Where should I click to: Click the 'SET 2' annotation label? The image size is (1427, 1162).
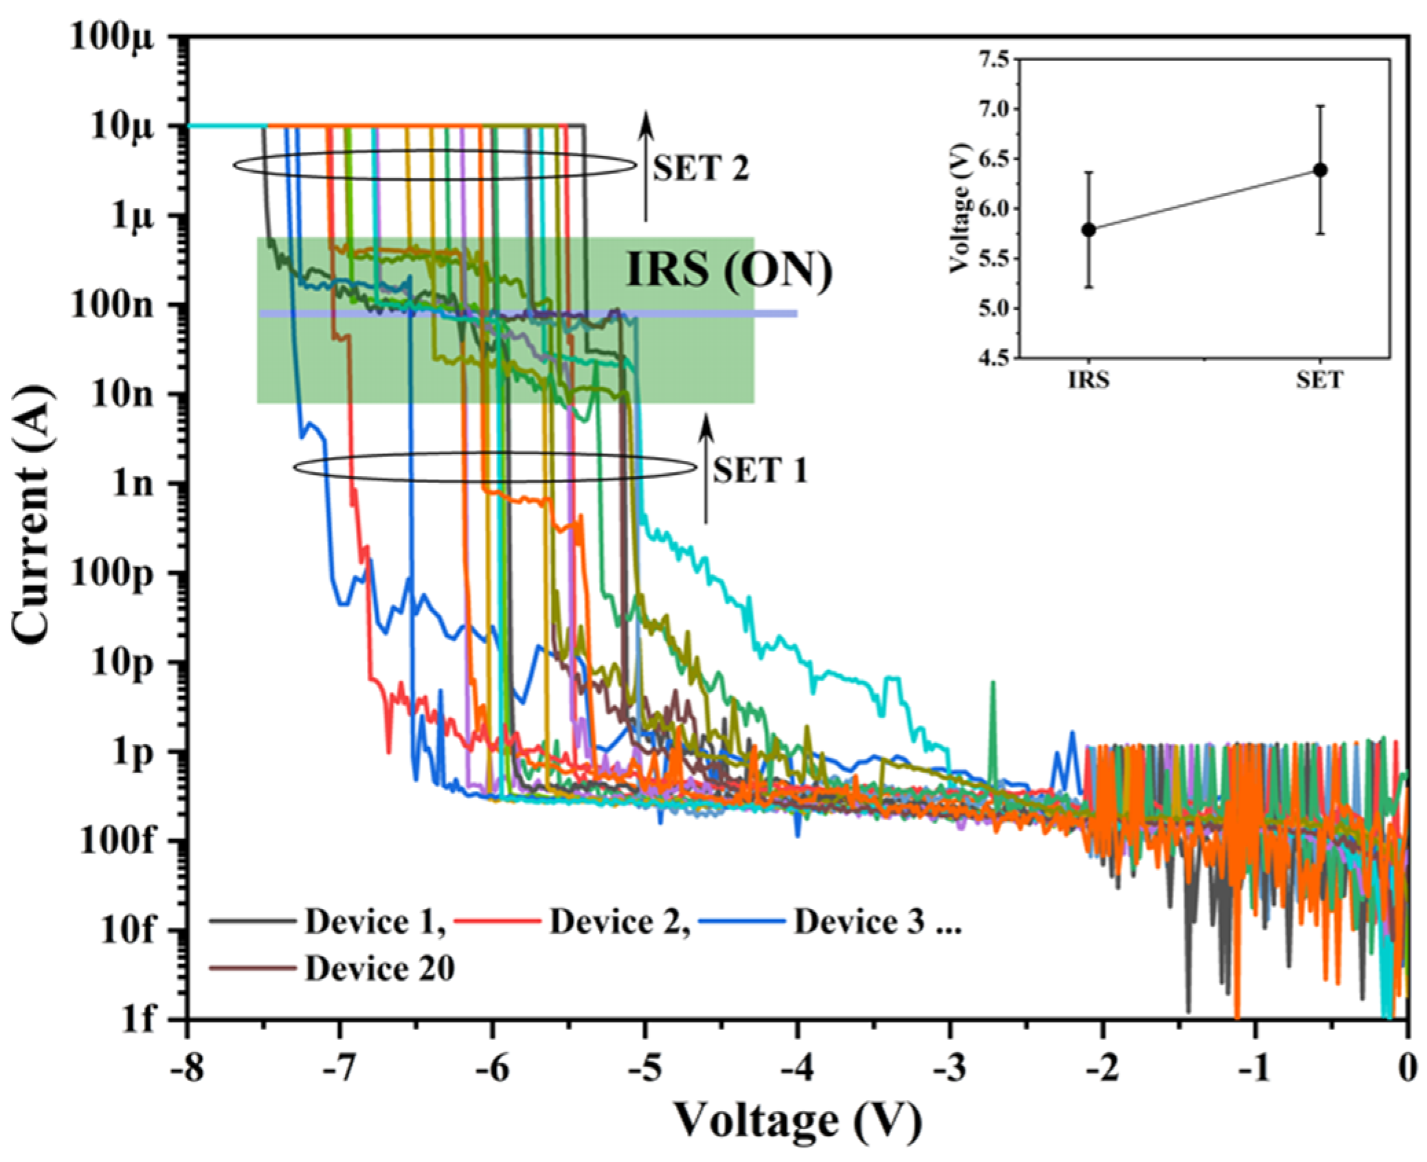coord(700,168)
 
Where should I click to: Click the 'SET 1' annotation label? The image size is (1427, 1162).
coord(760,471)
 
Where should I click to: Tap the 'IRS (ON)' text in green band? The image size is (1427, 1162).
coord(729,269)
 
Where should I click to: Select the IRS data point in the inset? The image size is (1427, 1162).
coord(1089,230)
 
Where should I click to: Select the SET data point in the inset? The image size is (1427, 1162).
coord(1320,170)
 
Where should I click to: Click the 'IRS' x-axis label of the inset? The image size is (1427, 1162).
coord(1089,380)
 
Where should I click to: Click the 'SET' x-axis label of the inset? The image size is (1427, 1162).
coord(1319,380)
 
